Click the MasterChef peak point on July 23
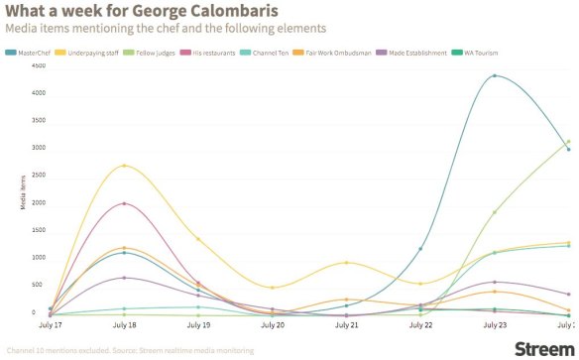pyautogui.click(x=494, y=76)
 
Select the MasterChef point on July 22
pyautogui.click(x=420, y=249)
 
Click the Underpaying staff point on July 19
pyautogui.click(x=197, y=239)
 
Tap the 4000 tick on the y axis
pyautogui.click(x=10, y=93)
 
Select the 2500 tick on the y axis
pyautogui.click(x=10, y=176)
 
